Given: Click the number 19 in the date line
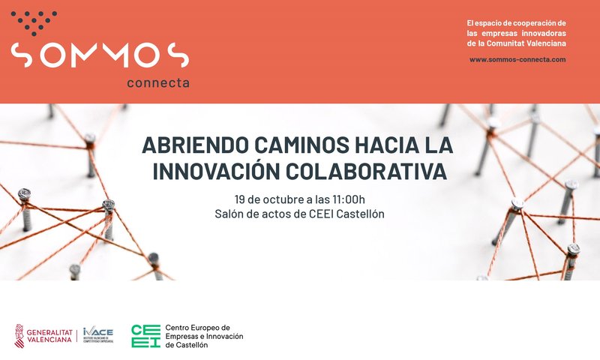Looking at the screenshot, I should click(240, 199).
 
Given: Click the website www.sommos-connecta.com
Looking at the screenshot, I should click(517, 58).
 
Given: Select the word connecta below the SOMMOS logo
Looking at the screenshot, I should click(157, 82).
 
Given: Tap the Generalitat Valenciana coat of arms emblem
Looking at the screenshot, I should click(19, 336).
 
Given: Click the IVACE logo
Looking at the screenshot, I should click(99, 335).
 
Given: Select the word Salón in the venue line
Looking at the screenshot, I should click(228, 215).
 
